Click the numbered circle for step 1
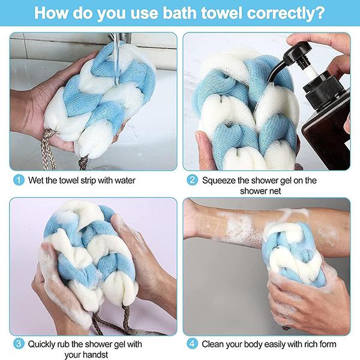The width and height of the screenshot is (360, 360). [x=19, y=180]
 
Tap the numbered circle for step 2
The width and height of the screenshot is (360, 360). [x=192, y=180]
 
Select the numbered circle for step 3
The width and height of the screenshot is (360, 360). [x=19, y=344]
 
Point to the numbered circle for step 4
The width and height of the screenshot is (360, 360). [x=192, y=344]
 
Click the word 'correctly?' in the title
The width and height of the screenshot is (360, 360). [x=286, y=13]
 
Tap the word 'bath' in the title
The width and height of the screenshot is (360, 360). [x=179, y=13]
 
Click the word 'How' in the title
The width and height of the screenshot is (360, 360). [x=51, y=13]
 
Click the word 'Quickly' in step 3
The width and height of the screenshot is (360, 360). [x=41, y=344]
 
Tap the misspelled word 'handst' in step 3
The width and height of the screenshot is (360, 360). [x=95, y=355]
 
